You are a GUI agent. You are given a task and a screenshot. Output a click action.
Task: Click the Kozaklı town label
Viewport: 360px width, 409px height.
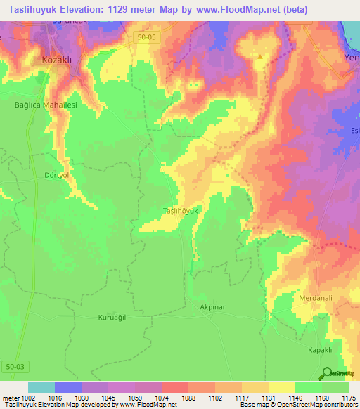58,60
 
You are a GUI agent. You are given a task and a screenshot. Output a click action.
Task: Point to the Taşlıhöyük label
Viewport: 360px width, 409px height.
182,211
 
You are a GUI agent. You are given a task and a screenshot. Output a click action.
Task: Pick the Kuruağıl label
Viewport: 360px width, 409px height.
112,318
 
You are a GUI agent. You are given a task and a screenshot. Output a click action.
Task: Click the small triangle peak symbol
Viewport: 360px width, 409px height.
261,57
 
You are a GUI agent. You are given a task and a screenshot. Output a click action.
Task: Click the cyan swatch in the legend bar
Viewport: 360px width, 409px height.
41,387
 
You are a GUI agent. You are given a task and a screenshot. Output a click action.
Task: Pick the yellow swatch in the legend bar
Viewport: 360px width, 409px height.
282,387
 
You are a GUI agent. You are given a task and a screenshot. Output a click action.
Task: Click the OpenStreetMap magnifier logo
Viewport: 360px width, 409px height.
328,374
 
